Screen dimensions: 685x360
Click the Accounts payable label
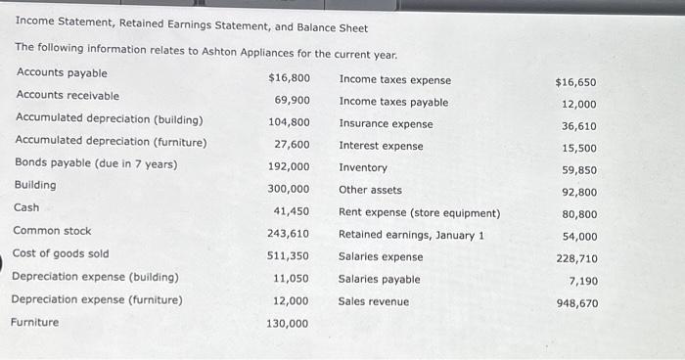[62, 73]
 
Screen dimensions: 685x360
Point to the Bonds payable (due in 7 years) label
[96, 163]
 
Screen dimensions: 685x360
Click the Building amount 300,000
[289, 189]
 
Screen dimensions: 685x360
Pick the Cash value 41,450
[292, 211]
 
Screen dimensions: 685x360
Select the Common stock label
[52, 231]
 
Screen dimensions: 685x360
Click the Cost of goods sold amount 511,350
[289, 254]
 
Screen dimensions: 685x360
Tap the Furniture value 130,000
[288, 324]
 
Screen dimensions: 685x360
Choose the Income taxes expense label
[395, 80]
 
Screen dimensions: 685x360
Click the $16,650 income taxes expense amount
[575, 83]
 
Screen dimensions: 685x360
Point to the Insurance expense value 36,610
[578, 126]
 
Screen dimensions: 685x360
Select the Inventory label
[363, 167]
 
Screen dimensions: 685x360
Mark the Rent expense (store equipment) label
[419, 212]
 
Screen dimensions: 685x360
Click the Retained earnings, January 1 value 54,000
[578, 237]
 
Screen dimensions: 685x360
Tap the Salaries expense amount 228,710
[576, 259]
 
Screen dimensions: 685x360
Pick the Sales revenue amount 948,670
[576, 303]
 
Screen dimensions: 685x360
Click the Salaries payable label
[379, 279]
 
